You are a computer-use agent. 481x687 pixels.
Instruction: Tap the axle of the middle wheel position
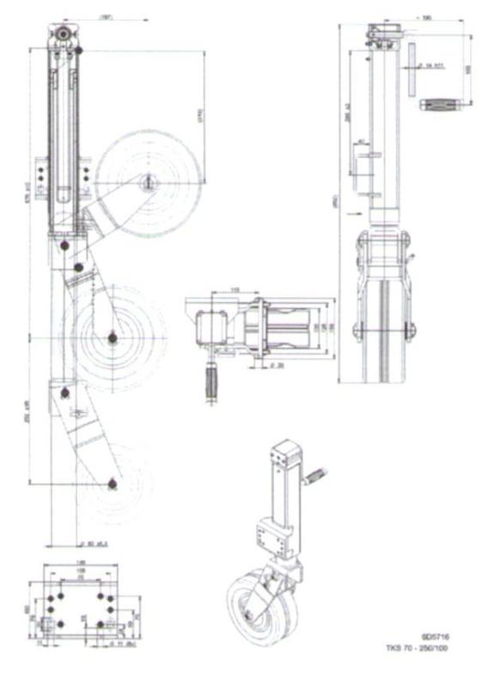(x=112, y=340)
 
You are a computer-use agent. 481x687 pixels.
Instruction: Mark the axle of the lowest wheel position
(x=111, y=487)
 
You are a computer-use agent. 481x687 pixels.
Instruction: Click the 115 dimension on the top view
(x=234, y=290)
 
